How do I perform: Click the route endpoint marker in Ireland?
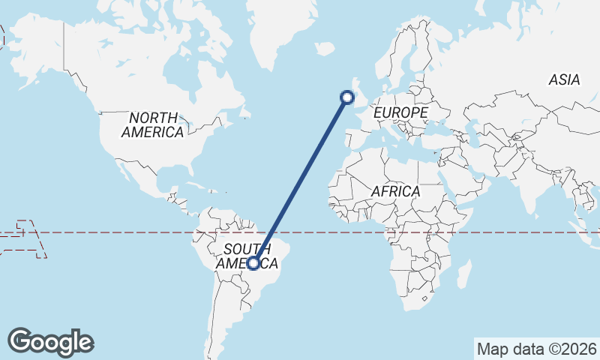[346, 96]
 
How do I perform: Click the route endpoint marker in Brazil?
[253, 263]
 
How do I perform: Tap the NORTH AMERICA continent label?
[153, 125]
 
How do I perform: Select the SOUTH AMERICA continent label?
[247, 256]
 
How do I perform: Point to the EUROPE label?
[400, 112]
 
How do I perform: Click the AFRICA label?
[395, 192]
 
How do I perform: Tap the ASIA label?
[564, 79]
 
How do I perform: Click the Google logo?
[50, 342]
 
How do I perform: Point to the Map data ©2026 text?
[537, 349]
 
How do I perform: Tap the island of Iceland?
[325, 49]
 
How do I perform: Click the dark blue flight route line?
[300, 180]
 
